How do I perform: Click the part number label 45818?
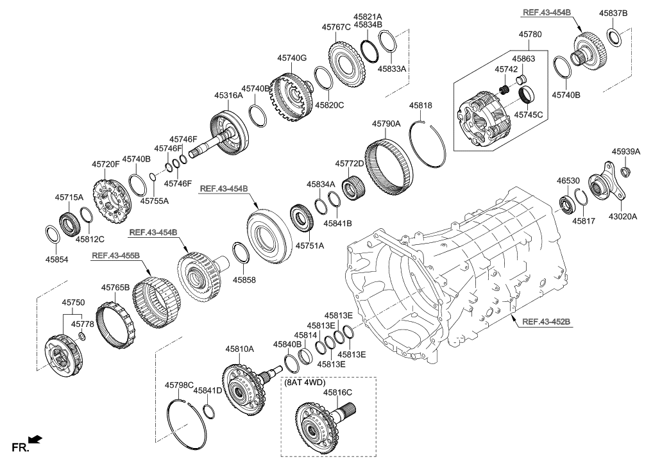pyautogui.click(x=421, y=105)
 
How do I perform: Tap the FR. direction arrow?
pyautogui.click(x=37, y=440)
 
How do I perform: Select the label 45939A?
pyautogui.click(x=625, y=152)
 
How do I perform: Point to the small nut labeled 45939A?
pyautogui.click(x=627, y=171)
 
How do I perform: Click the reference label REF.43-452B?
pyautogui.click(x=548, y=322)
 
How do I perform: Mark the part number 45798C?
pyautogui.click(x=179, y=385)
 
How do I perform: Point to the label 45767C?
pyautogui.click(x=336, y=27)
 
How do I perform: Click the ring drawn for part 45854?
pyautogui.click(x=53, y=233)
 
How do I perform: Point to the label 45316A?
pyautogui.click(x=228, y=95)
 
